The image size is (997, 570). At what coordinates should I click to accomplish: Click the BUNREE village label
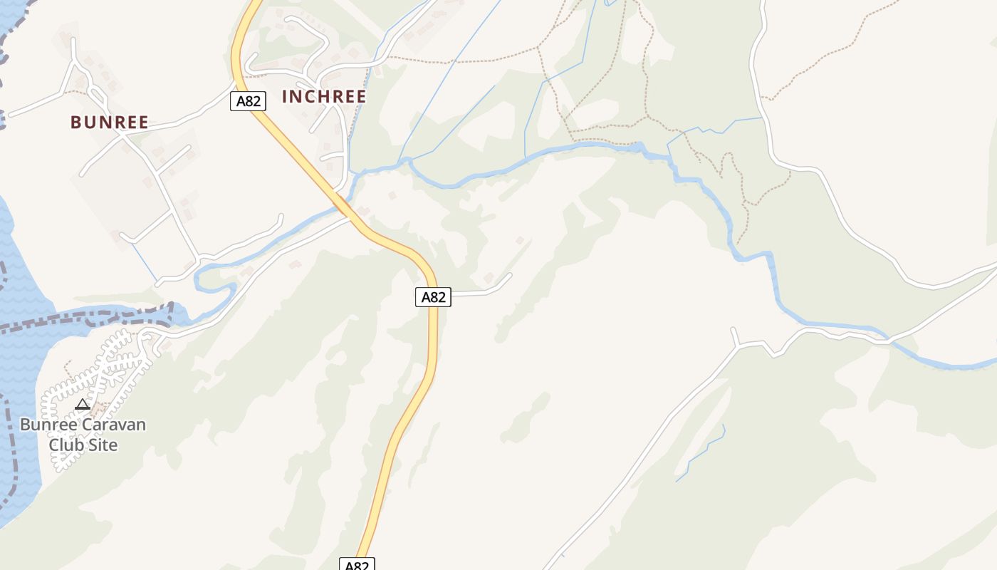110,123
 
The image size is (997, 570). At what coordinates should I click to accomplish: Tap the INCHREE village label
324,97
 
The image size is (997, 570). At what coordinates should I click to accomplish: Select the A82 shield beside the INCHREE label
248,101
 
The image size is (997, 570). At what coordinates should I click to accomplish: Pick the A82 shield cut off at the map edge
357,564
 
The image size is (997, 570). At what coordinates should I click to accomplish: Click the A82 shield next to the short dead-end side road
433,297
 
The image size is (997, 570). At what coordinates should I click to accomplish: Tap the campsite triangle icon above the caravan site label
83,405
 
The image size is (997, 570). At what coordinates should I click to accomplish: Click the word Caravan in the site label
112,425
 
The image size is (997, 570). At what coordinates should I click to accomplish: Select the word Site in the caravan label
101,445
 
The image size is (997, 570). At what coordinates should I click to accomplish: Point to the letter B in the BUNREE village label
75,123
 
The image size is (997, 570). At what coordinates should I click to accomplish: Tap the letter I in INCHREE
286,97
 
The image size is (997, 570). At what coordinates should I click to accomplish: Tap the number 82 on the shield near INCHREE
253,101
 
